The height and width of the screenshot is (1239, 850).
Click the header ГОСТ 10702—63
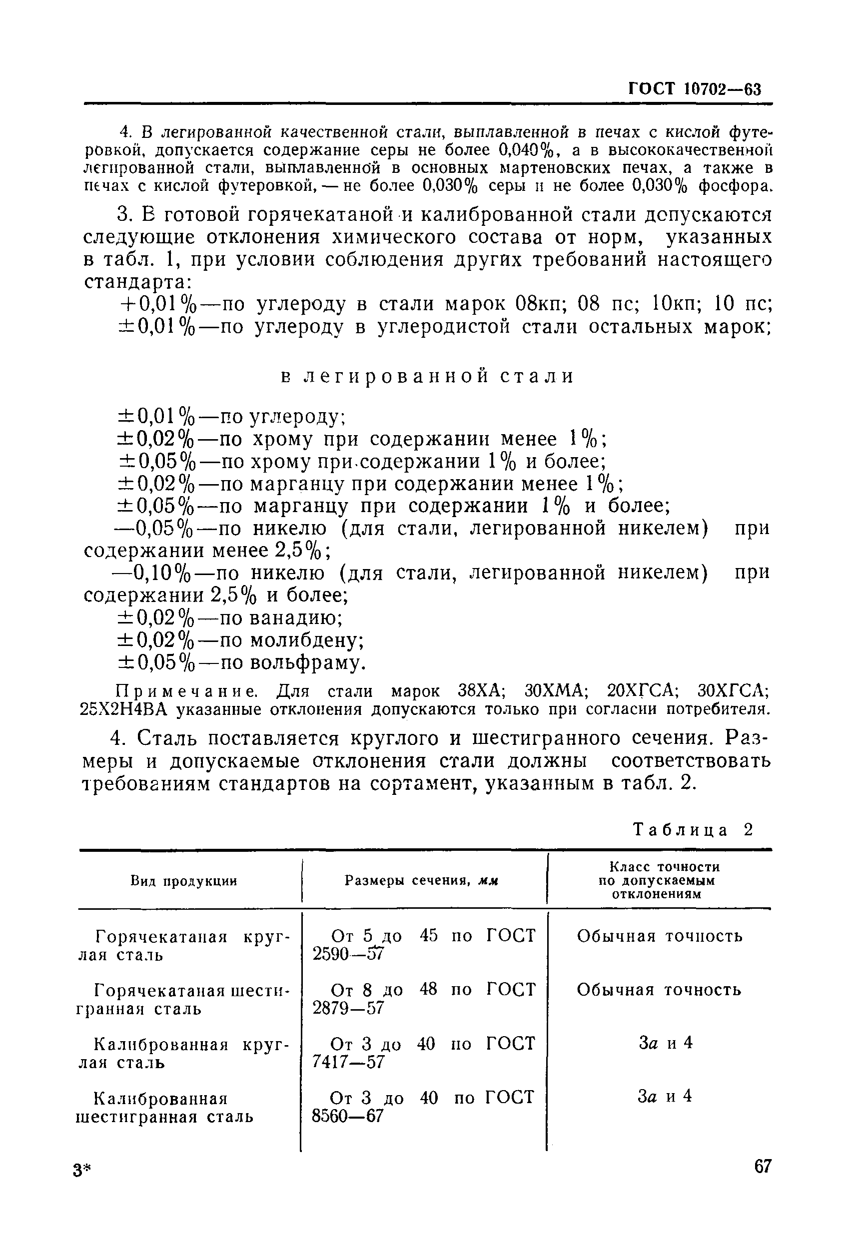click(x=694, y=89)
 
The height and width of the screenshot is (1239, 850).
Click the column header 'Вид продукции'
click(x=184, y=881)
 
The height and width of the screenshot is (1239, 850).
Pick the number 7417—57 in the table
click(x=348, y=1062)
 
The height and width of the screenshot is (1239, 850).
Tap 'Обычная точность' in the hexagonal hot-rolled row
click(x=659, y=990)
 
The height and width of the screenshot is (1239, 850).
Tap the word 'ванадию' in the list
click(x=296, y=618)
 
